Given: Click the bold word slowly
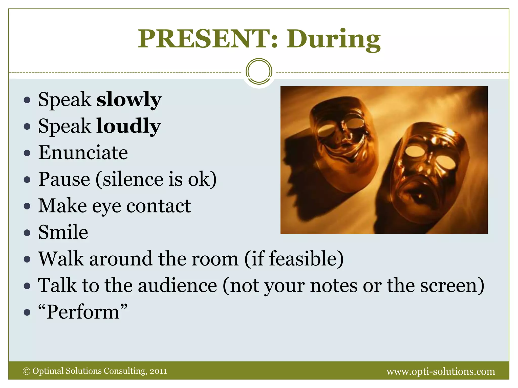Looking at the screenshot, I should (x=129, y=99).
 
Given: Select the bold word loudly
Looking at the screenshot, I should (x=128, y=126).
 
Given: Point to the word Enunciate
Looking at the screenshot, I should (x=83, y=153).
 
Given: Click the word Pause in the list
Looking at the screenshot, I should (x=64, y=179).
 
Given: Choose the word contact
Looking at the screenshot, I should (x=159, y=206).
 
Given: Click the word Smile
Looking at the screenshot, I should (x=63, y=232).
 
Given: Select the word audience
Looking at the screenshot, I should (x=178, y=285).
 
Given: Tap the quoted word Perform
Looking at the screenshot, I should (x=83, y=312).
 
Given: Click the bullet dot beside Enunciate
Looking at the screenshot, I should (x=27, y=153).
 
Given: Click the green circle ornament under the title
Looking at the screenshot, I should (x=259, y=71).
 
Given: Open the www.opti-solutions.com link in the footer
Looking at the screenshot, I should (x=441, y=371).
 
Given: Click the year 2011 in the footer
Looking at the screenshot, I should (x=158, y=371).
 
